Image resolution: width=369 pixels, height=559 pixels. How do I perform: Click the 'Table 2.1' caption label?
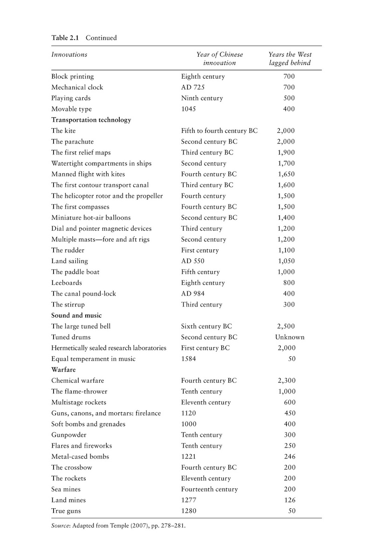[65, 38]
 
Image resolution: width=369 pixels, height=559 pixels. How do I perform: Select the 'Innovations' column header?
[69, 55]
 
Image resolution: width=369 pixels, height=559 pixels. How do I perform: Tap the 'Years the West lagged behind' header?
[290, 59]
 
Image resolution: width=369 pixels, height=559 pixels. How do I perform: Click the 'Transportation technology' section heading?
[91, 120]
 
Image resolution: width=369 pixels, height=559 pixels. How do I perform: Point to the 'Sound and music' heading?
[76, 315]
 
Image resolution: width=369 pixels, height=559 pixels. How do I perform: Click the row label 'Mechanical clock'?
[77, 87]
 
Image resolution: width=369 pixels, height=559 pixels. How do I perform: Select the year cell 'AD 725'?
[192, 87]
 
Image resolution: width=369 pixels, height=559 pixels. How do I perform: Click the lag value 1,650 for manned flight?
[286, 174]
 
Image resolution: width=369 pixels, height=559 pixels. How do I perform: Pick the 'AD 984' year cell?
[192, 293]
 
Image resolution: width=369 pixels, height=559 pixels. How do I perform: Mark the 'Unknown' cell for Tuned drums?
[290, 337]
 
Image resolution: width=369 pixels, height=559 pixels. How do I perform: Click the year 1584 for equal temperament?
[189, 359]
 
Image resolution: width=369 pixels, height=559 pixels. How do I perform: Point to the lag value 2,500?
[286, 327]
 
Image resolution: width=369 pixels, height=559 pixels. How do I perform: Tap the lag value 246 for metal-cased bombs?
[289, 457]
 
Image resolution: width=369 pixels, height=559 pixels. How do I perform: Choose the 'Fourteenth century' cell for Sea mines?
[209, 489]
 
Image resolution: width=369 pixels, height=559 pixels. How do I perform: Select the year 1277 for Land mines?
[189, 500]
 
